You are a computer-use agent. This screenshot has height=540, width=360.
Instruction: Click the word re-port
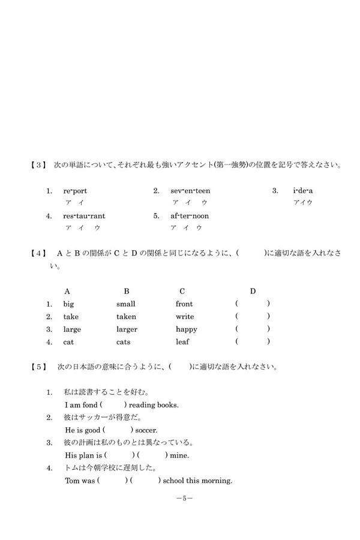click(75, 191)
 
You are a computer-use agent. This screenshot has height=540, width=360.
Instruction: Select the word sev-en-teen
click(190, 191)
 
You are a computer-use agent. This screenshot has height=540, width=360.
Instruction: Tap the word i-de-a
click(303, 191)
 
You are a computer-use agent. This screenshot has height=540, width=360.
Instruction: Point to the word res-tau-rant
click(84, 215)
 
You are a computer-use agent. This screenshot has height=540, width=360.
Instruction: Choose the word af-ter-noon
click(190, 215)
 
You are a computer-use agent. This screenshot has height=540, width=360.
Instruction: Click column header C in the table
click(182, 291)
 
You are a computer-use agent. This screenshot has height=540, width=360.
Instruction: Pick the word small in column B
click(126, 304)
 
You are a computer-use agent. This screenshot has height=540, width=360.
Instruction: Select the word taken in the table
click(126, 316)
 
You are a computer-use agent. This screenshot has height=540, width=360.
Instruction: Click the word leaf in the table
click(182, 341)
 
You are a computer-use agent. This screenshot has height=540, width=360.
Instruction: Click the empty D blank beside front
click(253, 304)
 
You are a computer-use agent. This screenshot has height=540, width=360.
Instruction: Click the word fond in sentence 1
click(90, 405)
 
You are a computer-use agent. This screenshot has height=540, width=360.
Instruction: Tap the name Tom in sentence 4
click(72, 481)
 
